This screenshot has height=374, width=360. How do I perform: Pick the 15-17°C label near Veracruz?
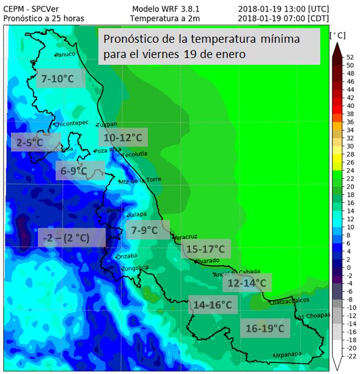pyautogui.click(x=205, y=249)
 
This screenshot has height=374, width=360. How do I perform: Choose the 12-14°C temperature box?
pyautogui.click(x=247, y=283)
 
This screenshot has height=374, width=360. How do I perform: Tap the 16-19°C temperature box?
pyautogui.click(x=265, y=328)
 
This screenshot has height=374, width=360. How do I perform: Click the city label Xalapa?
pyautogui.click(x=137, y=215)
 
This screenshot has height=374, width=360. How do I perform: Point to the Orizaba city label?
pyautogui.click(x=127, y=256)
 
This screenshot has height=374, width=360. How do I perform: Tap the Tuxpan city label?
pyautogui.click(x=107, y=123)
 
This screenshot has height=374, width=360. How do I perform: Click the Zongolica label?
pyautogui.click(x=134, y=268)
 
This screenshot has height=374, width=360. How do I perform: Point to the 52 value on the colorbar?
pyautogui.click(x=350, y=57)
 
